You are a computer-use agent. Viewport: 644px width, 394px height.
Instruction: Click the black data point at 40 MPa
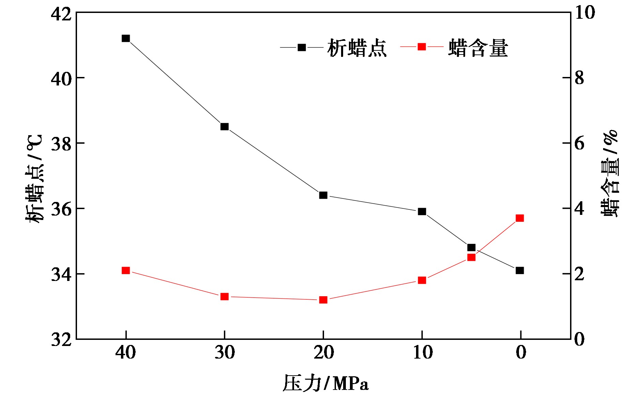126,38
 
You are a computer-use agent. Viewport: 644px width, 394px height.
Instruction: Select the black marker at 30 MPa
224,127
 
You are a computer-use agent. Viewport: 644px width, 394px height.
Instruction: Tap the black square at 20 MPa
323,195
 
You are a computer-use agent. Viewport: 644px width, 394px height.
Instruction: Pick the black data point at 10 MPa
422,211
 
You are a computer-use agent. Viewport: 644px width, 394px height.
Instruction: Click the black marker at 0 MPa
520,270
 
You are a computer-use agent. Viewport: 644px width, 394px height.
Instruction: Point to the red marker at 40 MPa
126,270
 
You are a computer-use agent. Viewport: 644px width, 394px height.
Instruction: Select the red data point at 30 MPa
224,297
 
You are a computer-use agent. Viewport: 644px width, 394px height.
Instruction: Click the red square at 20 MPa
323,300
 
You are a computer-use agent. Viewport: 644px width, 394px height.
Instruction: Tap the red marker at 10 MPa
422,280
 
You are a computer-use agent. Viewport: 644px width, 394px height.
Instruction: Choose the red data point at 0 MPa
520,218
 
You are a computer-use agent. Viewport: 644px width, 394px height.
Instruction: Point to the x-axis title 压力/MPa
325,383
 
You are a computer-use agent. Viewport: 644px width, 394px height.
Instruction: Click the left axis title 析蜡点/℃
34,179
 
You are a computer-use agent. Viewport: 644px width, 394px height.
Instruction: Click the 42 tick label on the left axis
61,14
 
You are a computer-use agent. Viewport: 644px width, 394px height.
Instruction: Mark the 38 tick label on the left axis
61,144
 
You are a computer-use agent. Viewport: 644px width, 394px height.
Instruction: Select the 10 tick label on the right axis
585,13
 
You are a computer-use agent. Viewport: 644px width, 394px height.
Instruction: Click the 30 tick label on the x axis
225,352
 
